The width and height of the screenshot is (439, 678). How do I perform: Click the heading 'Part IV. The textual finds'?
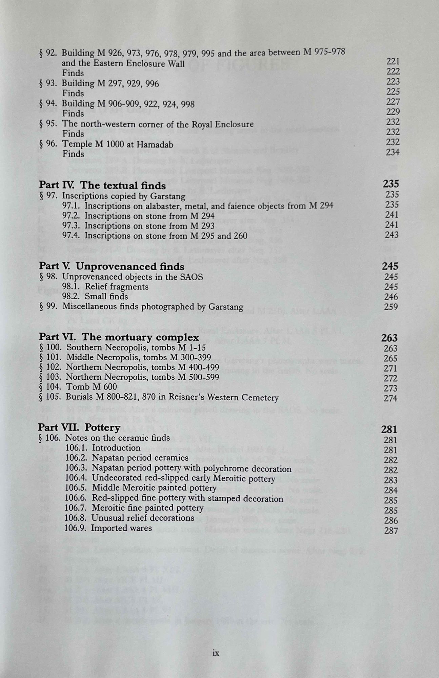click(x=102, y=185)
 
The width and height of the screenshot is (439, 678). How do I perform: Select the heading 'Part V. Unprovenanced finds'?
click(x=112, y=266)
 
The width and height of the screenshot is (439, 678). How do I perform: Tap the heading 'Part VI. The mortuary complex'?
click(x=119, y=337)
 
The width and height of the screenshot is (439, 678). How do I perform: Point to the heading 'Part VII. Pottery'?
click(x=79, y=427)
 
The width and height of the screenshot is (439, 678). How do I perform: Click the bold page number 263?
click(x=389, y=338)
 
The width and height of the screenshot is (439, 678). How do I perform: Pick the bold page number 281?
click(x=389, y=430)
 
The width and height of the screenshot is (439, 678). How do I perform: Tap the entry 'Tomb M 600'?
click(x=92, y=387)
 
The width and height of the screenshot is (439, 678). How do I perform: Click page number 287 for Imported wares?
click(x=391, y=531)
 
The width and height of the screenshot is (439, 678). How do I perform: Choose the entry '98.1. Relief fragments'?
click(x=105, y=287)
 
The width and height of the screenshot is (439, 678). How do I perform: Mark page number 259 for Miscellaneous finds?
click(x=391, y=307)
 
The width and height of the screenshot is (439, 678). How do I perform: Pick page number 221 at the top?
click(x=393, y=61)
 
